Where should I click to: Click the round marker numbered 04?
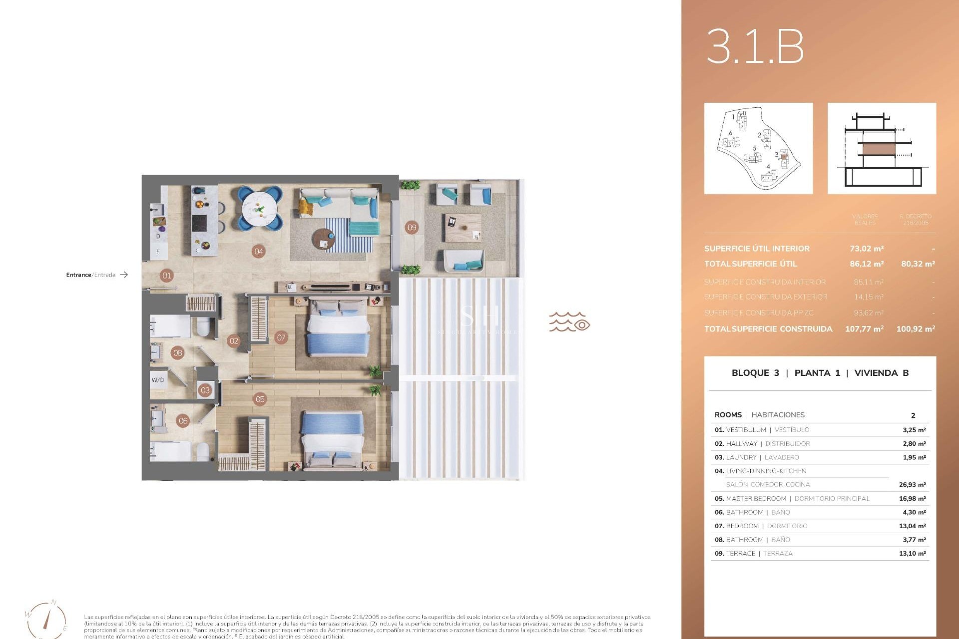pyautogui.click(x=258, y=251)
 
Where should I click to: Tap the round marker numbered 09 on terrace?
pyautogui.click(x=412, y=228)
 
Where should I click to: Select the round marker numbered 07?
pyautogui.click(x=281, y=337)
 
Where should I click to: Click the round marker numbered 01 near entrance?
pyautogui.click(x=166, y=275)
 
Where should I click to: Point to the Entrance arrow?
pyautogui.click(x=124, y=275)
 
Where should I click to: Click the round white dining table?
pyautogui.click(x=259, y=209)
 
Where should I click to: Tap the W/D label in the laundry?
pyautogui.click(x=158, y=380)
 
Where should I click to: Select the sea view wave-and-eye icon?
pyautogui.click(x=569, y=322)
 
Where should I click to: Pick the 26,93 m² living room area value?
pyautogui.click(x=912, y=485)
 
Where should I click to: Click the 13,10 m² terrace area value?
pyautogui.click(x=912, y=553)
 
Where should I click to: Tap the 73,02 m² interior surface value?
pyautogui.click(x=867, y=249)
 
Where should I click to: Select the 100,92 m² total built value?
pyautogui.click(x=915, y=328)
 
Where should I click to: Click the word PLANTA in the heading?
pyautogui.click(x=812, y=373)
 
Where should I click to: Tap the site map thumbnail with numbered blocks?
pyautogui.click(x=758, y=148)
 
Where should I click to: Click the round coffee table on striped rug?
pyautogui.click(x=324, y=240)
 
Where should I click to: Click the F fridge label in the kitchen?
pyautogui.click(x=158, y=252)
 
